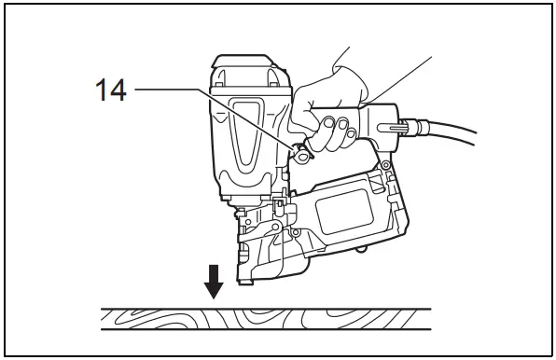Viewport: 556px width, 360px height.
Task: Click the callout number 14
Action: [x=112, y=90]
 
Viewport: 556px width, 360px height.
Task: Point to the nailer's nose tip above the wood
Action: [x=247, y=278]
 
